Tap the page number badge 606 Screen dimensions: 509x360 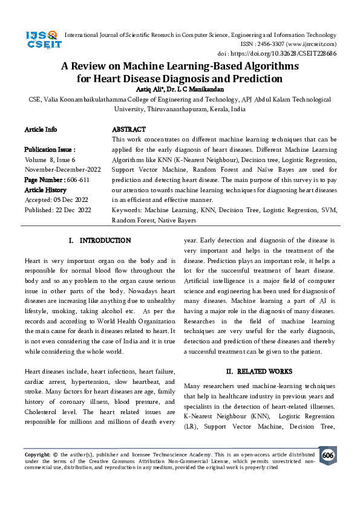click(x=327, y=455)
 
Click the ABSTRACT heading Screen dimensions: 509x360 click(x=129, y=129)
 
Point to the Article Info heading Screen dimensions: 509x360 click(x=41, y=129)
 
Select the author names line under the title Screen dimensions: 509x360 click(x=180, y=89)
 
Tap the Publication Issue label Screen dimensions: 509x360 click(x=50, y=149)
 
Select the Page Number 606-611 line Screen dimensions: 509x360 click(x=57, y=180)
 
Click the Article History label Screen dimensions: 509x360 click(x=45, y=190)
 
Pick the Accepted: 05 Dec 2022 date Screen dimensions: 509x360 click(x=57, y=199)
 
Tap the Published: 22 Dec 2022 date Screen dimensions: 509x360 click(x=57, y=210)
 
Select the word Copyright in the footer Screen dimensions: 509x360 click(x=37, y=453)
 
